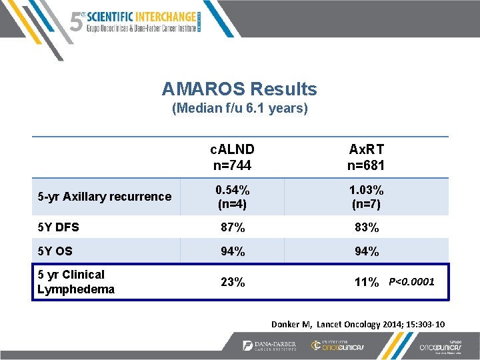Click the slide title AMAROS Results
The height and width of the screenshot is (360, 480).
pos(239,89)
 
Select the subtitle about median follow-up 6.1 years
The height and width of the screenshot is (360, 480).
pos(239,108)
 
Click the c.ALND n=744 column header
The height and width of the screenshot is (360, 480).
pos(232,157)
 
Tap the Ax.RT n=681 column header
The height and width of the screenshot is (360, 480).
pos(366,157)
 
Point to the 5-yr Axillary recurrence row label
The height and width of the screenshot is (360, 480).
pos(105,197)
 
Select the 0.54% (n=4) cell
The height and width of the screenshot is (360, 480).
pos(232,197)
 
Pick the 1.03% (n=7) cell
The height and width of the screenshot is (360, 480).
pos(366,197)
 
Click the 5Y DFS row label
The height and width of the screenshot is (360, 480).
pos(59,227)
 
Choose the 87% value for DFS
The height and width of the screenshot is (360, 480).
pos(232,227)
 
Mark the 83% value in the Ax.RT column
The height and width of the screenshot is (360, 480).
pos(366,227)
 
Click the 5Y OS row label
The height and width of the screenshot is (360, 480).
pos(55,251)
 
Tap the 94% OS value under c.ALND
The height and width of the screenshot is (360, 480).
pos(232,251)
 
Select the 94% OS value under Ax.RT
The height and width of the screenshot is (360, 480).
pos(366,251)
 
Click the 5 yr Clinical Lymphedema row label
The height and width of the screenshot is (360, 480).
pos(76,281)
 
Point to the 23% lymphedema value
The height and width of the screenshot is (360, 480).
pos(232,282)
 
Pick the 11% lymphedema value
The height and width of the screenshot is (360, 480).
pos(366,282)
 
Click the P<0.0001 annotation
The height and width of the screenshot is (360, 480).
pos(411,282)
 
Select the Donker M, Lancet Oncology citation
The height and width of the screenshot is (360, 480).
pos(358,324)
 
